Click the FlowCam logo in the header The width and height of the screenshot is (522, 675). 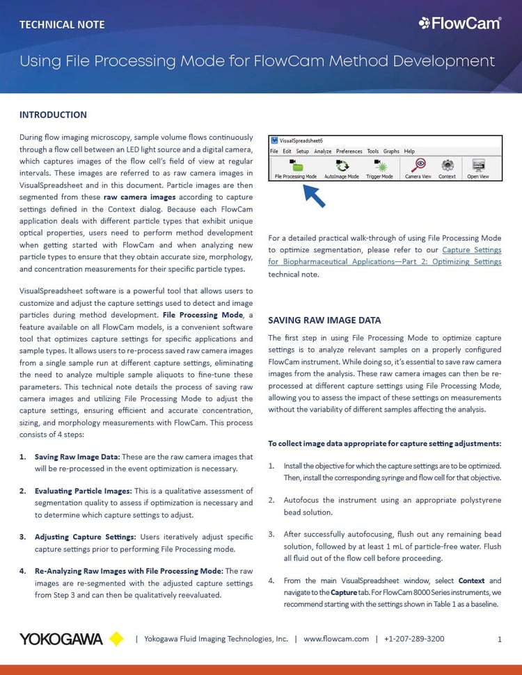coord(459,24)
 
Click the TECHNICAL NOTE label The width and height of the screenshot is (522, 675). coord(62,25)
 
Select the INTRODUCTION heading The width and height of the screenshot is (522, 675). coord(53,115)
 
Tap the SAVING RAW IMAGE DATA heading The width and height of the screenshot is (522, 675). coord(324,320)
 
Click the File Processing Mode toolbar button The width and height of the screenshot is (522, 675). coord(296,168)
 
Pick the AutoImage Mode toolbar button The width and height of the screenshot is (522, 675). coord(342,168)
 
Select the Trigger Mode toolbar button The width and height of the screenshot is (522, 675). coord(379,168)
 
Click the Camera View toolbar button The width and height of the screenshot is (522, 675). coord(418,168)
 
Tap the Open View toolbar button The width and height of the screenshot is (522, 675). coord(477,168)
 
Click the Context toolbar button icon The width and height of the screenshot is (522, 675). coord(448,165)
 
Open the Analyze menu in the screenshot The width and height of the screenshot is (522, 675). coord(322,151)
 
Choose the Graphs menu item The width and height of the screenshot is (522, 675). coord(391,151)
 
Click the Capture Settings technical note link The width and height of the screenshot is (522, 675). coord(384,256)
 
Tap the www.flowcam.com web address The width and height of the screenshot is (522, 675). coord(335,639)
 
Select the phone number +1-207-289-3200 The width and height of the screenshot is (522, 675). coord(414,639)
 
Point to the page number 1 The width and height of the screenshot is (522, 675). coord(500,640)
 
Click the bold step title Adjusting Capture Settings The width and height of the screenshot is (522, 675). coord(86,537)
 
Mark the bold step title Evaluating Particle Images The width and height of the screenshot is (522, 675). coord(83,491)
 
